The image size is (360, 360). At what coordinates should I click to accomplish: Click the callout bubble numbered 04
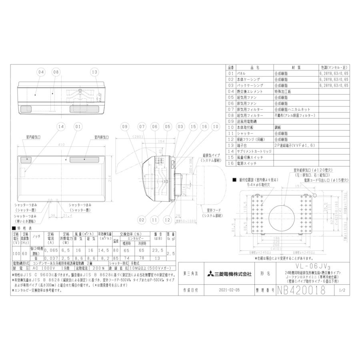[x=40, y=72]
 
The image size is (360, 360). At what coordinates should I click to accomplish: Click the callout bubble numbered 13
[x=94, y=72]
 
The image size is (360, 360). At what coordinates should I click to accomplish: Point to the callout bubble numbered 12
[x=167, y=220]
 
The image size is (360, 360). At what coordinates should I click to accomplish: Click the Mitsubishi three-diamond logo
[x=211, y=274]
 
